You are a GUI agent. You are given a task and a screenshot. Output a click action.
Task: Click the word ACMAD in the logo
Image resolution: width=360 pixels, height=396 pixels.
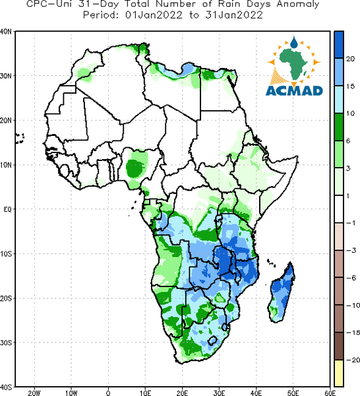[x=294, y=90]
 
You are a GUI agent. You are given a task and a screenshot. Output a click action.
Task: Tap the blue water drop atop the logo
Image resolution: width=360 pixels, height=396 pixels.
[x=293, y=42]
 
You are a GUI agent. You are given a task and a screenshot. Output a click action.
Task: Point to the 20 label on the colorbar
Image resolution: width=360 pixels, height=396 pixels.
[x=350, y=59]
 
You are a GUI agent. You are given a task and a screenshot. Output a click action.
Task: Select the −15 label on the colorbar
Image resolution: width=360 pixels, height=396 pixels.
[x=353, y=333]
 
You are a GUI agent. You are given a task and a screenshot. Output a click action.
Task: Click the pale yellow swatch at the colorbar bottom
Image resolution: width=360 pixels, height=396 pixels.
[x=339, y=373]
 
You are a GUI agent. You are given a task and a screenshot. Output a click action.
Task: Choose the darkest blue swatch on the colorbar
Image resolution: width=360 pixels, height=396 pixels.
[x=339, y=45]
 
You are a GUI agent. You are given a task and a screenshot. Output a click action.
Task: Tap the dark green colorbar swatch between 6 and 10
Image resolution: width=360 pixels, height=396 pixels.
[x=339, y=127]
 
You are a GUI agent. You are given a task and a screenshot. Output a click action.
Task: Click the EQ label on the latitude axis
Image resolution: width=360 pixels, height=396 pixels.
[x=7, y=209]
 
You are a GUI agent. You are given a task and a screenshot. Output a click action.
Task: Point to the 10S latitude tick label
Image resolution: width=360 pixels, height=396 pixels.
[x=6, y=254]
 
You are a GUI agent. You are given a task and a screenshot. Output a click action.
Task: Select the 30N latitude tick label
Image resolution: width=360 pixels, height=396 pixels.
[x=6, y=76]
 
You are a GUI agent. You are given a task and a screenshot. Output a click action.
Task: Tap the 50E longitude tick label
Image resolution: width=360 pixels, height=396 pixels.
[x=293, y=393]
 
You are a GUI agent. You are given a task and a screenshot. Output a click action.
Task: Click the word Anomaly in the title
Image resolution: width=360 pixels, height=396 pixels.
[x=297, y=5]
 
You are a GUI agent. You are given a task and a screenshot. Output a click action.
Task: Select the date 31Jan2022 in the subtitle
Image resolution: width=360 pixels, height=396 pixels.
[x=234, y=15]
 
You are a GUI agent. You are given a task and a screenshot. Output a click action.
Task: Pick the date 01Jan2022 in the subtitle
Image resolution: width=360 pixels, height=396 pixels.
[x=154, y=15]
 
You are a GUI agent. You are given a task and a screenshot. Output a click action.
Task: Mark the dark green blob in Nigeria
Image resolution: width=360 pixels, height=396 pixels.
[x=135, y=168]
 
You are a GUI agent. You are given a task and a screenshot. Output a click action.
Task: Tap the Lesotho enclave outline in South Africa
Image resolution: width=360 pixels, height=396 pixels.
[x=212, y=341]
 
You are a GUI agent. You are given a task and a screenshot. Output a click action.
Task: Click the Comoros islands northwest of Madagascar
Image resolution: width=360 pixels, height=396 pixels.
[x=271, y=263]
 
